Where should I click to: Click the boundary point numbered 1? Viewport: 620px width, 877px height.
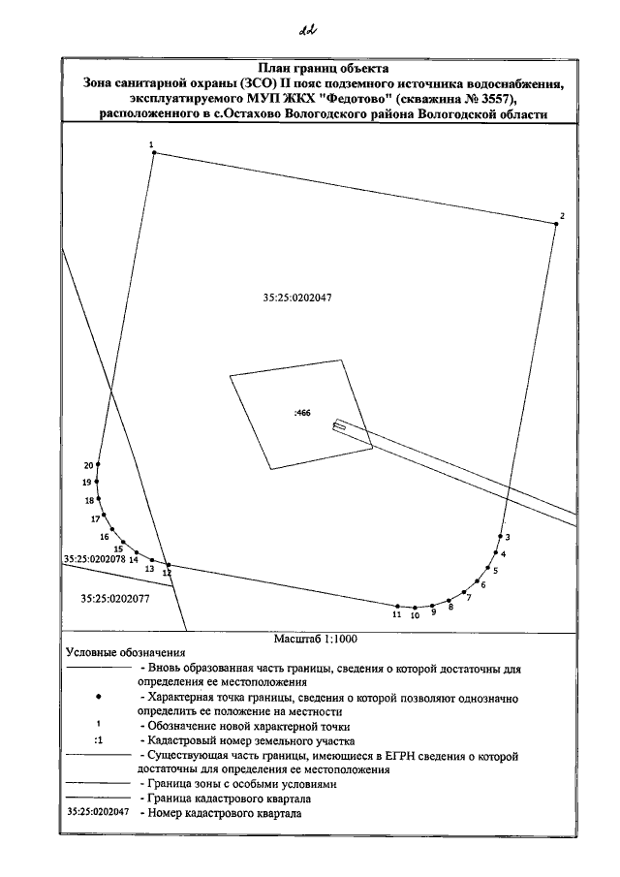(154, 152)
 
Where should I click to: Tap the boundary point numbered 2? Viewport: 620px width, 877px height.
(556, 224)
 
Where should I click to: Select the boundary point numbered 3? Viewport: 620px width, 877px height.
(501, 536)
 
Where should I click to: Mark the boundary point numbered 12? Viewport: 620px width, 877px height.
(169, 564)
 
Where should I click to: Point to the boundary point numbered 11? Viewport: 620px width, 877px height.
(397, 606)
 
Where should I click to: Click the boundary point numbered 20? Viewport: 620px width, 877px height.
(98, 464)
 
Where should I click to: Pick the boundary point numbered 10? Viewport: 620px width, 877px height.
(415, 608)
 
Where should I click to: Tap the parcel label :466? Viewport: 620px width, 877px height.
(301, 413)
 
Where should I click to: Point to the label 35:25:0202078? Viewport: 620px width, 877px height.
(96, 559)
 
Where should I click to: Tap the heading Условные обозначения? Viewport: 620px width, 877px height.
(124, 653)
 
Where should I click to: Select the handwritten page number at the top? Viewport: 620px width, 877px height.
(310, 29)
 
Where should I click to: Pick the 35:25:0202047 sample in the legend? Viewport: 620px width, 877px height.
(96, 814)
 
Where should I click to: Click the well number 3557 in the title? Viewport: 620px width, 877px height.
(500, 99)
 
